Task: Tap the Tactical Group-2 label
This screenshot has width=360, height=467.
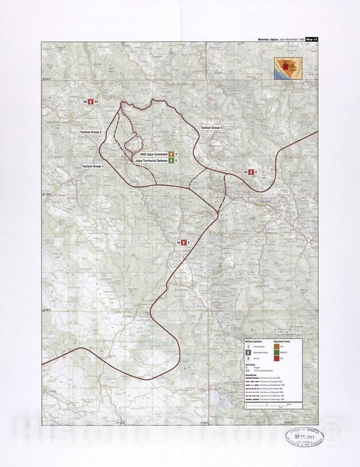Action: pyautogui.click(x=91, y=132)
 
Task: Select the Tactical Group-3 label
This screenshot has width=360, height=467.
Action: pyautogui.click(x=211, y=127)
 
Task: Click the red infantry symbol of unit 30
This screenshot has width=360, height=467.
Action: pyautogui.click(x=91, y=101)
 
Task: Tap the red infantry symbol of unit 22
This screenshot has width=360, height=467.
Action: pyautogui.click(x=251, y=173)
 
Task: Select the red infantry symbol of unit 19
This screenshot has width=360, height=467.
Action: pyautogui.click(x=183, y=242)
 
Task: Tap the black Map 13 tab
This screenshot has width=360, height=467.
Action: pyautogui.click(x=311, y=40)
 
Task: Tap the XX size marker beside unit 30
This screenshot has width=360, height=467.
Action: pyautogui.click(x=97, y=101)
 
